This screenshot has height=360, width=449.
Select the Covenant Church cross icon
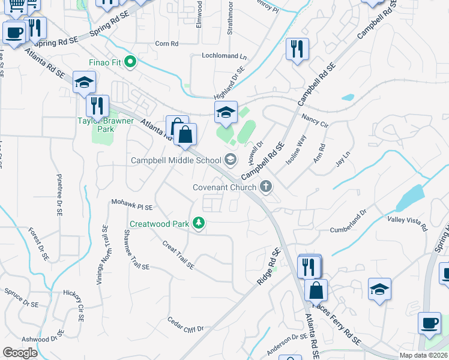pyautogui.click(x=267, y=187)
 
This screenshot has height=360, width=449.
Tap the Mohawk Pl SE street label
pyautogui.click(x=132, y=205)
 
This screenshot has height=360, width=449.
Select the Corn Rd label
pyautogui.click(x=167, y=43)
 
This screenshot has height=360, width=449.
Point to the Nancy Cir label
pyautogui.click(x=315, y=121)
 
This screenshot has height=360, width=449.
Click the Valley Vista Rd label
pyautogui.click(x=407, y=224)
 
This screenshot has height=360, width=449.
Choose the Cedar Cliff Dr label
pyautogui.click(x=185, y=324)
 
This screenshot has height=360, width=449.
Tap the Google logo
pyautogui.click(x=20, y=353)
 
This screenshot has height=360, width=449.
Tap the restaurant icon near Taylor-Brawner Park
pyautogui.click(x=97, y=106)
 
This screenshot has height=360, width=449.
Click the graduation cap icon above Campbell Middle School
pyautogui.click(x=226, y=112)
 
